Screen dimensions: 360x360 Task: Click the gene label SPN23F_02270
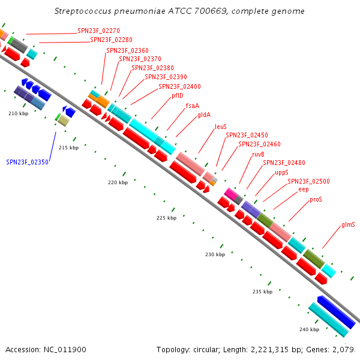tap(98, 31)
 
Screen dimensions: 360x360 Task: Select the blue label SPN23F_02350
tap(28, 162)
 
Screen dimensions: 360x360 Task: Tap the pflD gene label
tap(178, 95)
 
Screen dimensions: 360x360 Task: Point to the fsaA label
tap(193, 106)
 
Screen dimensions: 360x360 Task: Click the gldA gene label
tap(204, 115)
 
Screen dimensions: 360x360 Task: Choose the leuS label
tap(221, 127)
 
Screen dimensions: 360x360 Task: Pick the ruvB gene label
tap(258, 154)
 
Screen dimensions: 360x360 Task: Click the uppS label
tap(281, 172)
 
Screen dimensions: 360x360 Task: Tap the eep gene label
tap(304, 190)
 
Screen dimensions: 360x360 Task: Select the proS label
tap(316, 200)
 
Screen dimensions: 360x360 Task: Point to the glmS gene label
tap(348, 224)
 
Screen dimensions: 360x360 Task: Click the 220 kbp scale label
tap(118, 182)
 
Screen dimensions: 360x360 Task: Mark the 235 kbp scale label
tap(262, 292)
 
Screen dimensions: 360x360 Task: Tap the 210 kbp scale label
tap(19, 113)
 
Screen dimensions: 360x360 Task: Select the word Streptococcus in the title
tap(83, 11)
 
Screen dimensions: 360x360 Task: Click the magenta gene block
tap(231, 194)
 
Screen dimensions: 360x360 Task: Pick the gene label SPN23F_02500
tap(308, 181)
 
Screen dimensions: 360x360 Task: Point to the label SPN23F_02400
tap(179, 86)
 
